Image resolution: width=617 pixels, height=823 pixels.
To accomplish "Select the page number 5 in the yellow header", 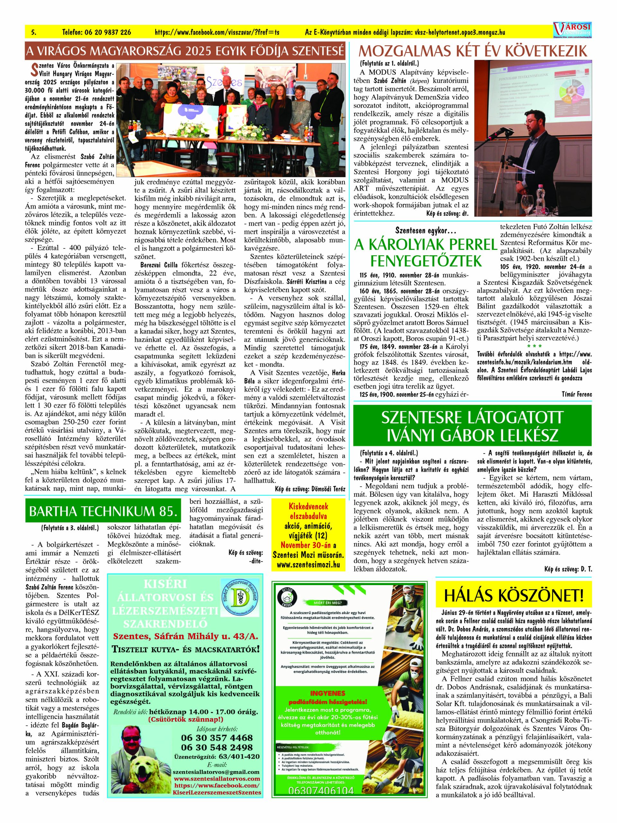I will click(34, 32).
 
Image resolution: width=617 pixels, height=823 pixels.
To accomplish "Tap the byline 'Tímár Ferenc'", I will click(577, 394).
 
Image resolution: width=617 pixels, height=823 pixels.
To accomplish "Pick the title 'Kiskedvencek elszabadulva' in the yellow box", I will click(308, 511).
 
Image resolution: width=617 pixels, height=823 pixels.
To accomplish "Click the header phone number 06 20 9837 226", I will click(97, 32).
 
